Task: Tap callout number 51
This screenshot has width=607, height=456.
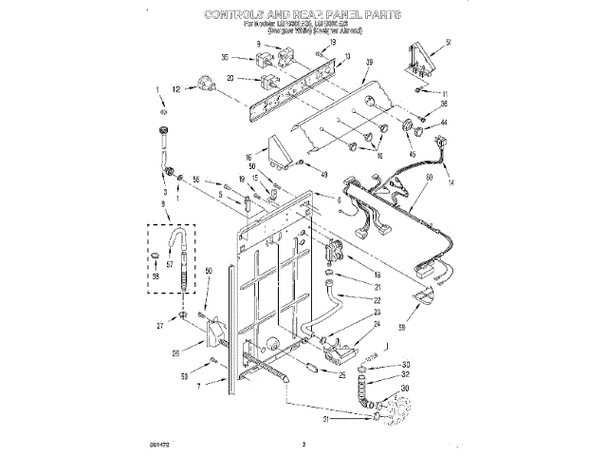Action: tap(448, 42)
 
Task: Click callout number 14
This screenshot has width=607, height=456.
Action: tap(450, 183)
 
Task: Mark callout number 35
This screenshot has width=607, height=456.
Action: tap(225, 58)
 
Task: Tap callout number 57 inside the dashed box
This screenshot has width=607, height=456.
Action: tap(170, 267)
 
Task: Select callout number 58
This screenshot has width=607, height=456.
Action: tap(156, 275)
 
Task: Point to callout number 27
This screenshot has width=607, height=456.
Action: tap(160, 324)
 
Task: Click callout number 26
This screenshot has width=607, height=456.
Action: tap(175, 354)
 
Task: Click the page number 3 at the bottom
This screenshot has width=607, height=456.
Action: tap(303, 443)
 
